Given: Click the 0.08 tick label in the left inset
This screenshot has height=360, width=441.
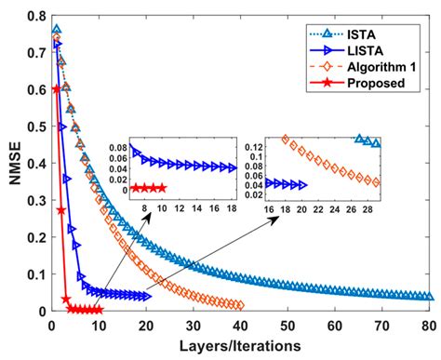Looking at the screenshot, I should tap(118, 148).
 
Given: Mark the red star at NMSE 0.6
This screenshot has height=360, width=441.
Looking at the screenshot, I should tap(57, 89).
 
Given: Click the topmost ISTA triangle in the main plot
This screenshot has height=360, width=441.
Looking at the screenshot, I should tap(57, 31).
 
